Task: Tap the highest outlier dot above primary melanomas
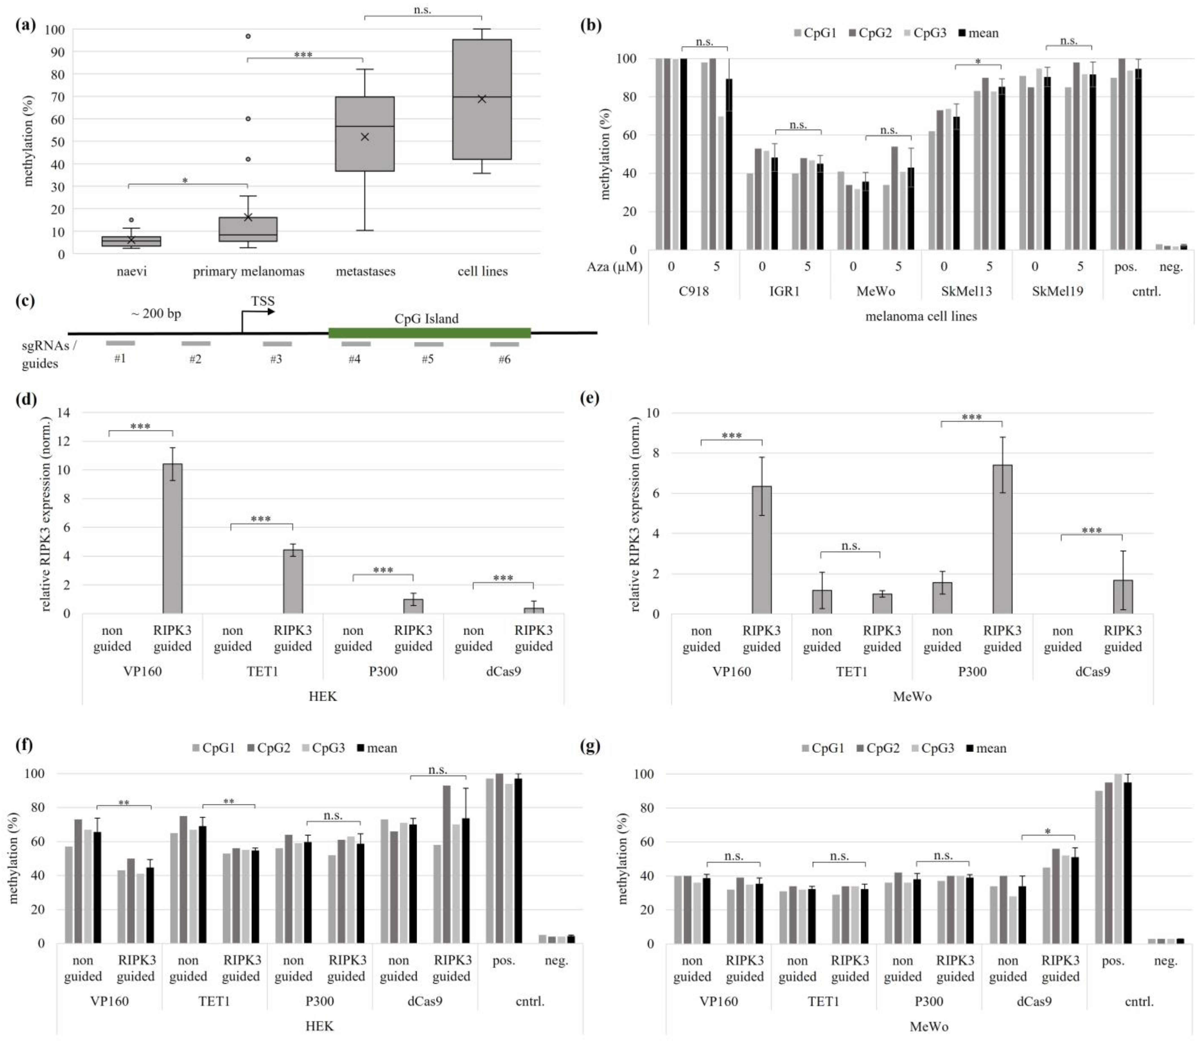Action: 248,36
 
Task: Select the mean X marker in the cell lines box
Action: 481,99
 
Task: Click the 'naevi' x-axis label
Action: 132,271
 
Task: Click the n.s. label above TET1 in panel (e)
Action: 851,546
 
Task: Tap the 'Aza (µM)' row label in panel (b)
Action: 614,266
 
